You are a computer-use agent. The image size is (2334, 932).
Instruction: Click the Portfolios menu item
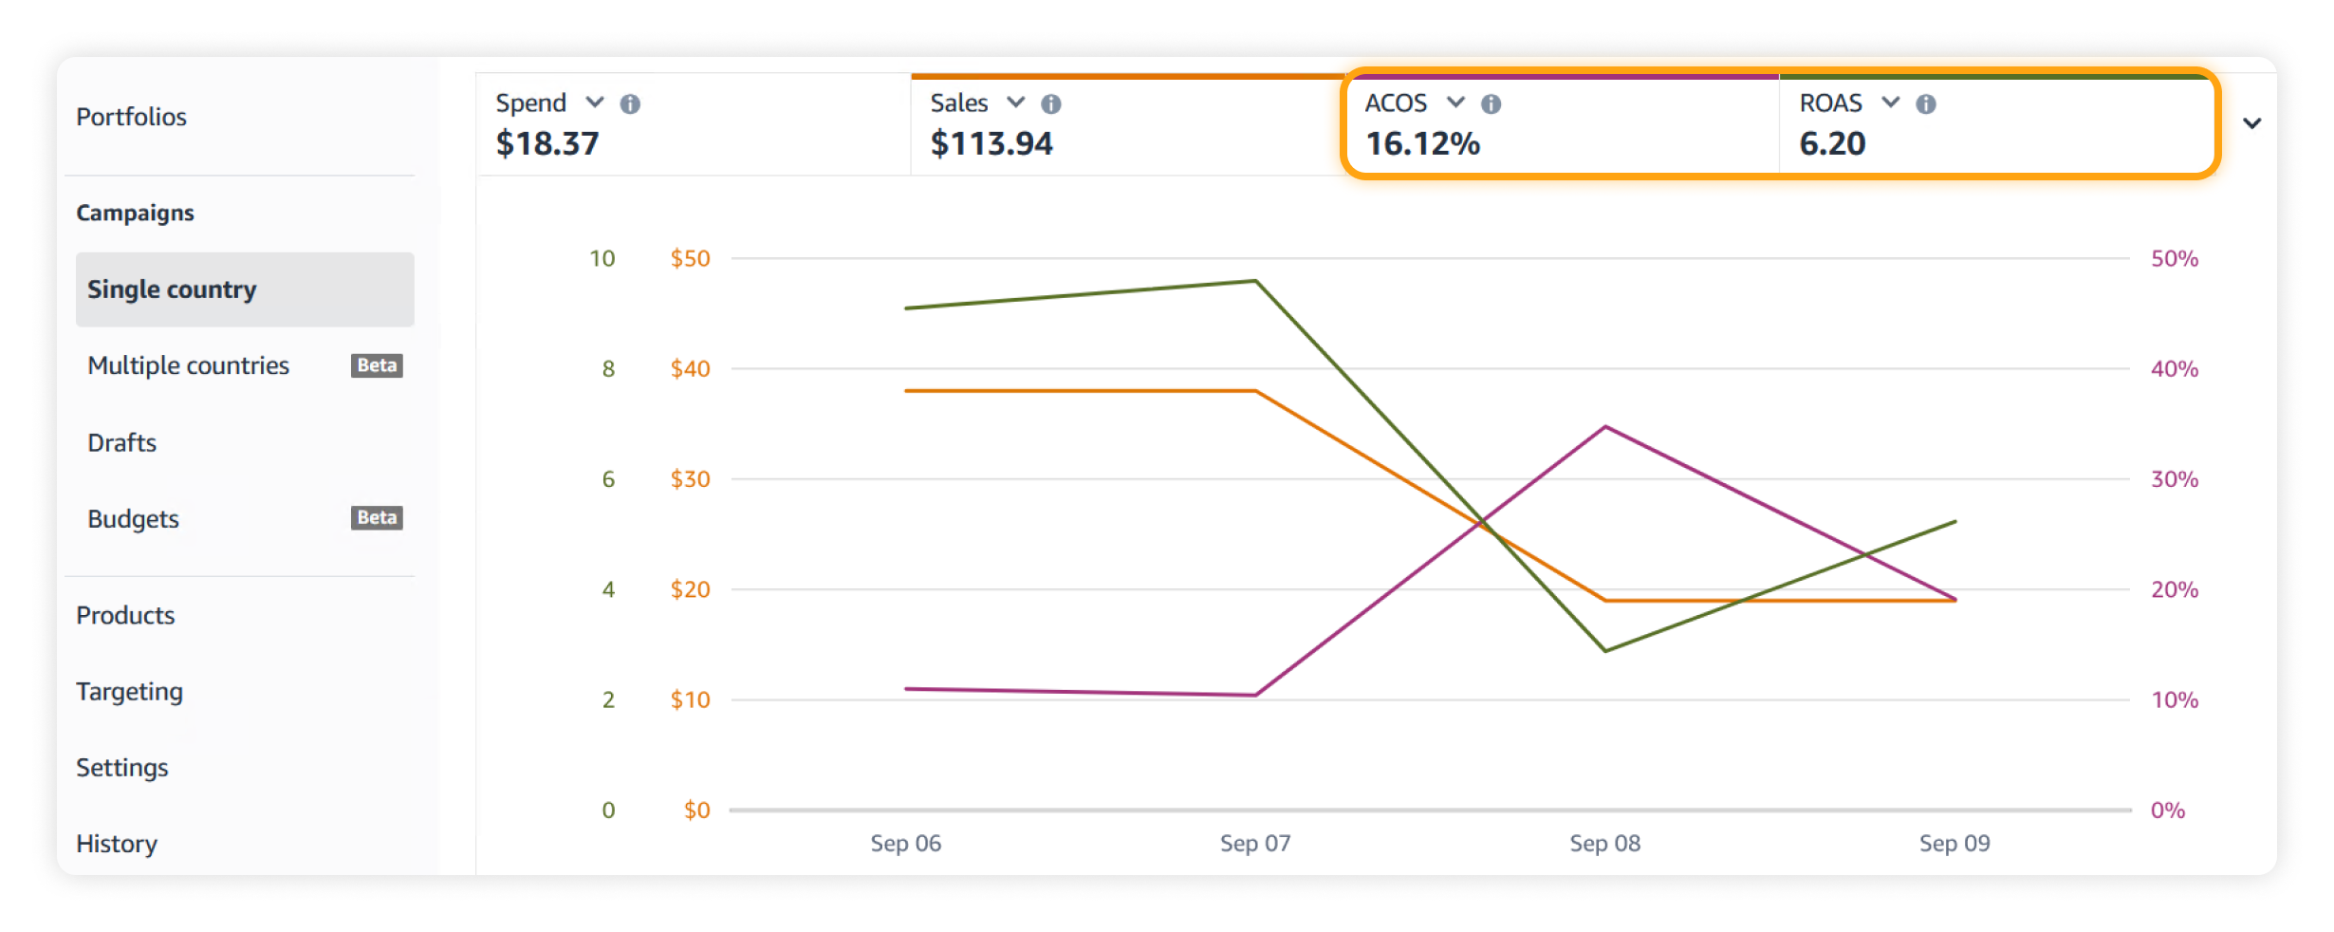131,117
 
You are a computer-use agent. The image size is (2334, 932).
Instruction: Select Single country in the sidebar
172,289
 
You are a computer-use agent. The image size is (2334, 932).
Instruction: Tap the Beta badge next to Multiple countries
377,365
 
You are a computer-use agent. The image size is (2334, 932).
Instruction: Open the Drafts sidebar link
121,442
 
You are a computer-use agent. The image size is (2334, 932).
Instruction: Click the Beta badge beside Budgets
377,517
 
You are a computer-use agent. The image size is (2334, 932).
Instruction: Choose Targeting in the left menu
129,691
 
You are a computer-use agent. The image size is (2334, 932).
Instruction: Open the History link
117,843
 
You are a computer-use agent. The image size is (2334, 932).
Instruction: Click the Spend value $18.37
547,143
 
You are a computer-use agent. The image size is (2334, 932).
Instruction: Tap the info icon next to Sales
1050,103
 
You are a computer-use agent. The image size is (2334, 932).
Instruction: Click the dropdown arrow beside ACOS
1455,103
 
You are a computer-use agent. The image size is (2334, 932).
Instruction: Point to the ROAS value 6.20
1832,143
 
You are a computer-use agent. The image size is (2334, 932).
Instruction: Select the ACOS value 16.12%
1422,143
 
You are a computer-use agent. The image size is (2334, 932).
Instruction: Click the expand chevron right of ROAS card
2251,123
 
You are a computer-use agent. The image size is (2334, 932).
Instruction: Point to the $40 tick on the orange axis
690,368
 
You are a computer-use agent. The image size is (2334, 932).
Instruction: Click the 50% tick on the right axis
2174,258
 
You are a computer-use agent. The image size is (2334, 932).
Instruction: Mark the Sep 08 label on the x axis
1604,843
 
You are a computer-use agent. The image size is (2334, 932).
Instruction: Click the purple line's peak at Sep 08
1605,427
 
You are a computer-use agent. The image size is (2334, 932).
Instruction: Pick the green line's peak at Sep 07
1255,281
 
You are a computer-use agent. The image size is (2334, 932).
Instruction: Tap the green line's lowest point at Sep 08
1605,650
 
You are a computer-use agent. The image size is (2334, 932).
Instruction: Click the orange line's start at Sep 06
907,390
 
